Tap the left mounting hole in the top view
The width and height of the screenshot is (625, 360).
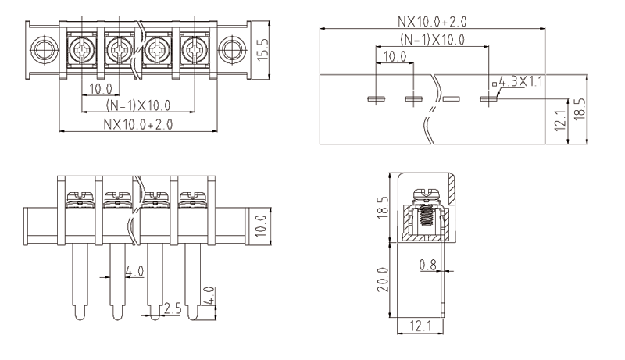(40, 52)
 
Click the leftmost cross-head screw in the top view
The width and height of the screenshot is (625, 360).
(83, 52)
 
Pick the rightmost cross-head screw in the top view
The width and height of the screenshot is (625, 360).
(192, 52)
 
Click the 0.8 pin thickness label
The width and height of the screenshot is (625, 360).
(427, 265)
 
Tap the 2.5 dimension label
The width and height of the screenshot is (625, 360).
(173, 309)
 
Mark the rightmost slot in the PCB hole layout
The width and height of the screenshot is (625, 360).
(488, 99)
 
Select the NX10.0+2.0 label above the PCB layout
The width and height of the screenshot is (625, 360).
(432, 20)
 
